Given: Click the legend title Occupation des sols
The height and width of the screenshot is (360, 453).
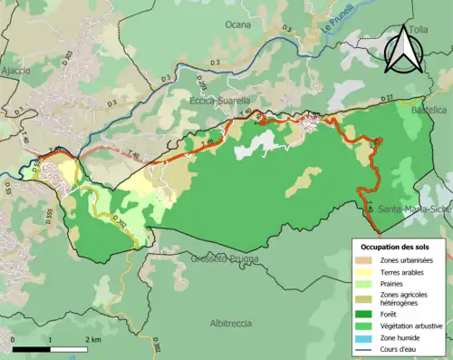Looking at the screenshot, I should (396, 246).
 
